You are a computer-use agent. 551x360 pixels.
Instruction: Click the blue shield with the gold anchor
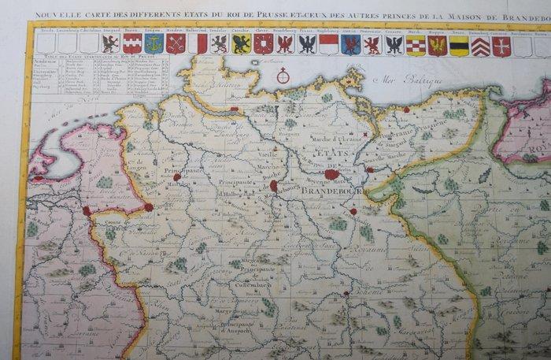click(153, 44)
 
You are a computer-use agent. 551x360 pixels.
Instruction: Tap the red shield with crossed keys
click(176, 44)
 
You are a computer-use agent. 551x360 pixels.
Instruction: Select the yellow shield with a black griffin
click(242, 44)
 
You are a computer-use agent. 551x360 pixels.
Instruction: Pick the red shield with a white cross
click(501, 46)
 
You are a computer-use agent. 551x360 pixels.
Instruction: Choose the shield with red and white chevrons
click(480, 46)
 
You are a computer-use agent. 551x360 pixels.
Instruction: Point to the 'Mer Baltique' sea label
click(402, 78)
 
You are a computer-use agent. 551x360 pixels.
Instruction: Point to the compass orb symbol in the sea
click(281, 78)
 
